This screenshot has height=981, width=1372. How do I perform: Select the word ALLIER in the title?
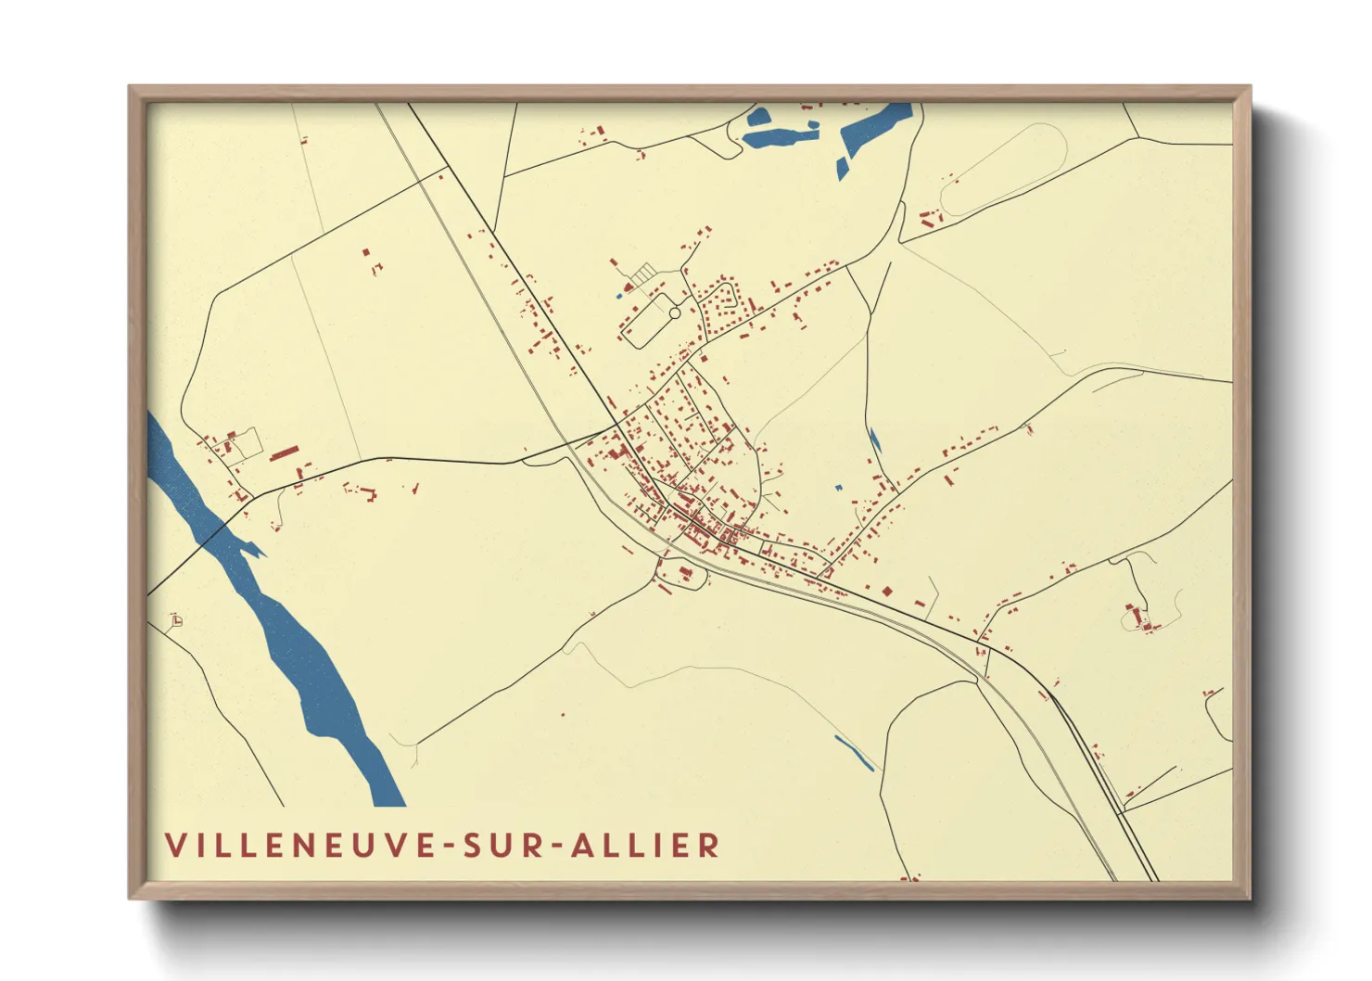645,846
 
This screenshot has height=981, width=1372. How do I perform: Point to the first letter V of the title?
175,846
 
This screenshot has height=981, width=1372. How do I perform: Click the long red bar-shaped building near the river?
285,452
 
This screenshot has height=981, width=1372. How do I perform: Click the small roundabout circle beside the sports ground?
675,313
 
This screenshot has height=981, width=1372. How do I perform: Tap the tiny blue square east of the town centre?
838,488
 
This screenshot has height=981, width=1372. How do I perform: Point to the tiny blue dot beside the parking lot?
618,296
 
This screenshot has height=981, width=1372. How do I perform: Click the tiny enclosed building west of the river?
176,620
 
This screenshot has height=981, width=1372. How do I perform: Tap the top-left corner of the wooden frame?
131,88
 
